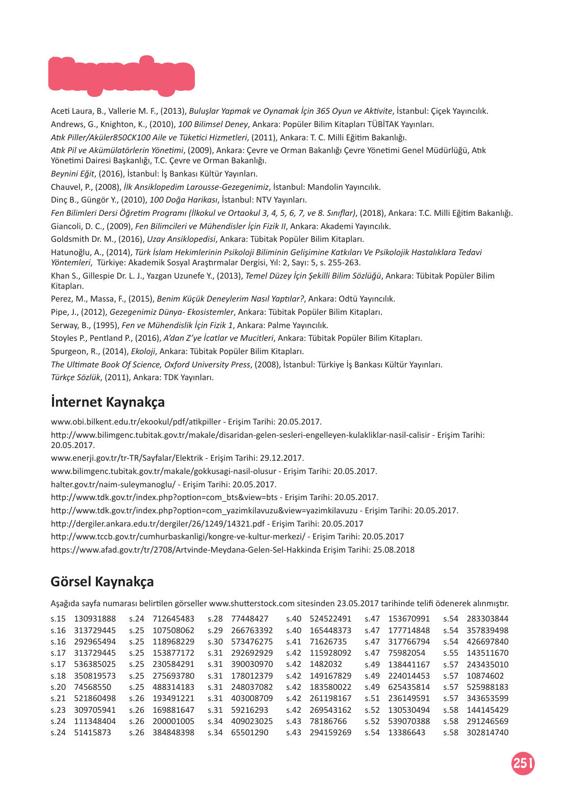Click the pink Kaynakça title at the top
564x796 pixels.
coord(121,76)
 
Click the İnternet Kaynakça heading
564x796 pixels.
coord(108,402)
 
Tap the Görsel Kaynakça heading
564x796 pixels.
coord(102,582)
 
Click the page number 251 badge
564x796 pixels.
coord(523,763)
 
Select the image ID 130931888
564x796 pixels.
coord(95,619)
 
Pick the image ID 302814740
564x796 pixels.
coord(487,733)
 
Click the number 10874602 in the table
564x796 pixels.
coord(484,676)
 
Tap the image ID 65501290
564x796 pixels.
coord(249,733)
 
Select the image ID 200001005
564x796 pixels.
coord(173,722)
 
